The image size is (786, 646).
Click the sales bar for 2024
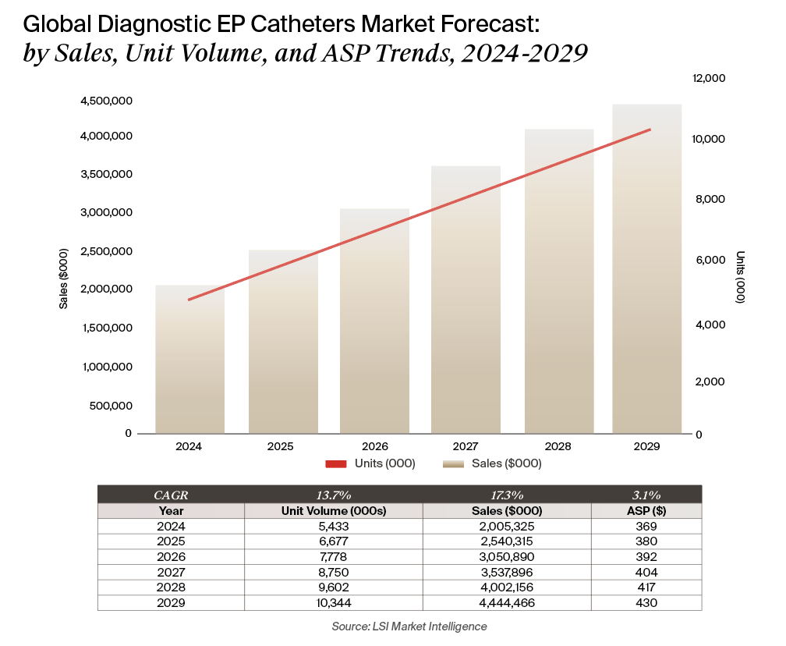189,359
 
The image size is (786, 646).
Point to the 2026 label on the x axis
374,447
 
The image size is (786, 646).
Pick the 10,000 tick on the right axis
710,139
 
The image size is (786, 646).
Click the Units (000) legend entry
370,463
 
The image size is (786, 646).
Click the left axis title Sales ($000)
64,279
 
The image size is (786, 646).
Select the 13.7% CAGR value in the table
334,495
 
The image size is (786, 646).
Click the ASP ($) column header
646,511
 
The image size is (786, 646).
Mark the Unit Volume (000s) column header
334,511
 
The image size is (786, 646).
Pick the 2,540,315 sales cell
507,541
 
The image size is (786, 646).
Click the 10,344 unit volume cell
334,603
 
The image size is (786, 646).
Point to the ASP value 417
646,587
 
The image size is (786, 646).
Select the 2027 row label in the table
171,573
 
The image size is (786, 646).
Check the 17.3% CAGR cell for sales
507,495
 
